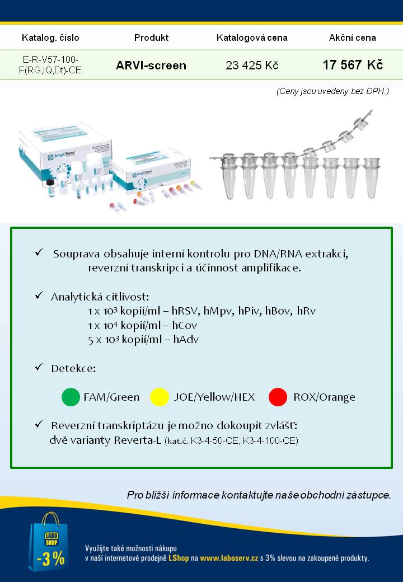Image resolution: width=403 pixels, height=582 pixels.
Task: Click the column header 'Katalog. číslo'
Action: pyautogui.click(x=50, y=38)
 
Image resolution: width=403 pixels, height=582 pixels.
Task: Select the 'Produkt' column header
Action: pyautogui.click(x=151, y=38)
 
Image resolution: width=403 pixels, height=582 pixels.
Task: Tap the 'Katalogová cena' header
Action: pyautogui.click(x=252, y=38)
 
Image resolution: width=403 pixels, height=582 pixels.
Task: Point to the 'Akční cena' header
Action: pyautogui.click(x=353, y=38)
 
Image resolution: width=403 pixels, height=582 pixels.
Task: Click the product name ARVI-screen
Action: pyautogui.click(x=151, y=65)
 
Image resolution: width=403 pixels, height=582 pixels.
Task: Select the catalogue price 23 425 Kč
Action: pyautogui.click(x=252, y=65)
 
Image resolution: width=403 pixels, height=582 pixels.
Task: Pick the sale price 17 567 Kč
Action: pyautogui.click(x=353, y=65)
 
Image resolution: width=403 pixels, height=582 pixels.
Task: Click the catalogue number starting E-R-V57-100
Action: pyautogui.click(x=50, y=65)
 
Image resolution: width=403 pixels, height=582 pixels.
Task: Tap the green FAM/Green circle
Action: pyautogui.click(x=71, y=397)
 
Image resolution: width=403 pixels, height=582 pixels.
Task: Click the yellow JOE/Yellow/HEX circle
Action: pyautogui.click(x=160, y=397)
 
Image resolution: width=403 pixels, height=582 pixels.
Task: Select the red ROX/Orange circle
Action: pyautogui.click(x=278, y=397)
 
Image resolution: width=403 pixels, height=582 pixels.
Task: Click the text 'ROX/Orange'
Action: pyautogui.click(x=324, y=397)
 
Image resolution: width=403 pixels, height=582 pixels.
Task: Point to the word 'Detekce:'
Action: pyautogui.click(x=73, y=369)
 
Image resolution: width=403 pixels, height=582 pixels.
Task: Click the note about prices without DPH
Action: pyautogui.click(x=332, y=91)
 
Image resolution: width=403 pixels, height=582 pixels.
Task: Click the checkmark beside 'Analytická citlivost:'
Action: pyautogui.click(x=39, y=295)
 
